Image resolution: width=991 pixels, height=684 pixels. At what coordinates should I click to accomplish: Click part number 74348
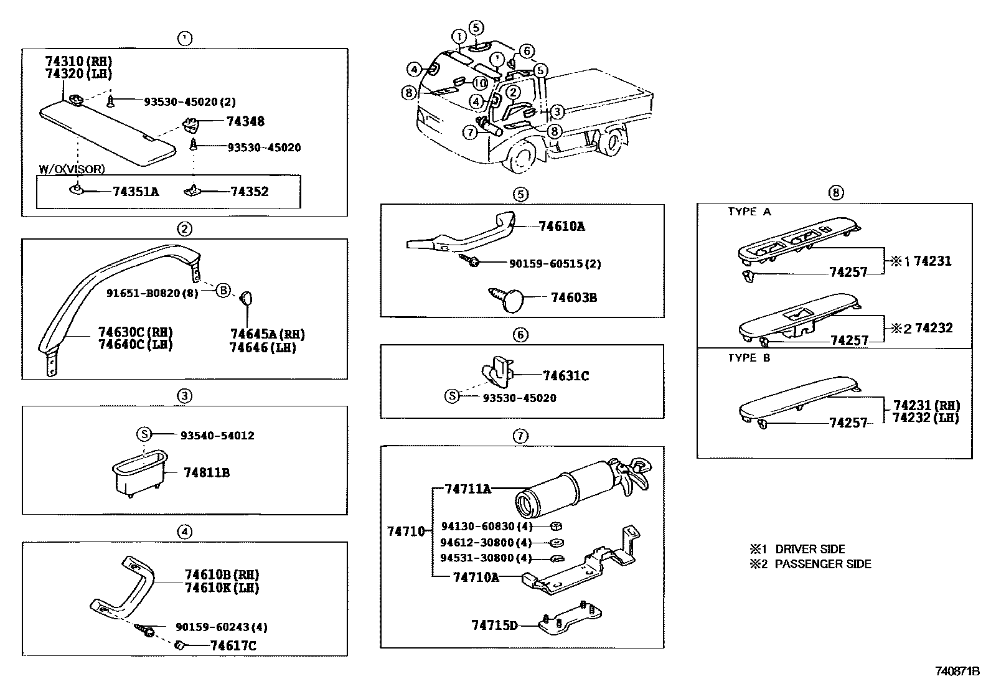245,121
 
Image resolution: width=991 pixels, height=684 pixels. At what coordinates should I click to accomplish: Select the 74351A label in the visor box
135,192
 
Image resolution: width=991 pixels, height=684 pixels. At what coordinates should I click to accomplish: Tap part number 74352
249,192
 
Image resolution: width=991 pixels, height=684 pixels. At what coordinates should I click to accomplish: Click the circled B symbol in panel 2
223,289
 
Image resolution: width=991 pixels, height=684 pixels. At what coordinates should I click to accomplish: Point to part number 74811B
207,473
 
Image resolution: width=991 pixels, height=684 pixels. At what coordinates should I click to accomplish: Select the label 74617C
233,646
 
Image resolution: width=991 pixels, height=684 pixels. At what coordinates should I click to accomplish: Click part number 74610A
561,227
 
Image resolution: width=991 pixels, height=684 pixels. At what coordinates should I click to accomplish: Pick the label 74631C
565,376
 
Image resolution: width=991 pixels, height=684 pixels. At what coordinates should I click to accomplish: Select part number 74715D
494,625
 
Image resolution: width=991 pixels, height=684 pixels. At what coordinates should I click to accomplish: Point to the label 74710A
476,577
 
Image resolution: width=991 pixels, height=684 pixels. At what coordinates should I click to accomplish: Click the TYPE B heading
749,358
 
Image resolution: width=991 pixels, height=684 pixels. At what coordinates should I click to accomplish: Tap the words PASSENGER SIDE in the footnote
822,564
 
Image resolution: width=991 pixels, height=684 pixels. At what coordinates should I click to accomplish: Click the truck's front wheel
522,156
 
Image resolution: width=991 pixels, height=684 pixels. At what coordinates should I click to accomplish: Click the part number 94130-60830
477,527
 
